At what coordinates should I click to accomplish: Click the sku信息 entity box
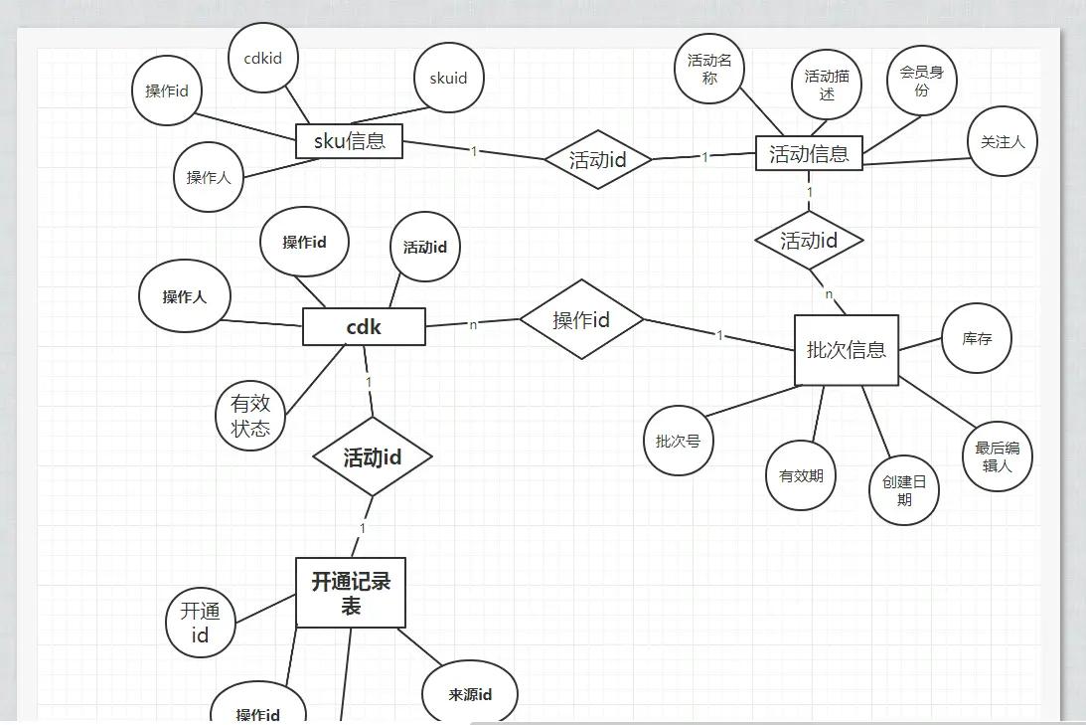pyautogui.click(x=349, y=140)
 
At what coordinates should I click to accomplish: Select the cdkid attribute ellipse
pyautogui.click(x=262, y=58)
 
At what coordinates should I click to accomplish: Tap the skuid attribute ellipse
pyautogui.click(x=448, y=78)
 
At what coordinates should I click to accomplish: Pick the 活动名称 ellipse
pyautogui.click(x=709, y=68)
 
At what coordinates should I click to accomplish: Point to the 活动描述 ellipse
pyautogui.click(x=827, y=85)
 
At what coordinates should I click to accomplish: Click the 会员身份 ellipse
pyautogui.click(x=921, y=81)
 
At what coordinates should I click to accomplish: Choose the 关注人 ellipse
pyautogui.click(x=1002, y=141)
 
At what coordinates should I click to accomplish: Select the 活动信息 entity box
pyautogui.click(x=809, y=153)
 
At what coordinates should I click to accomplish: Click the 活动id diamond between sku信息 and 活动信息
pyautogui.click(x=598, y=159)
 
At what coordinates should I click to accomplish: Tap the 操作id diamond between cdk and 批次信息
pyautogui.click(x=581, y=319)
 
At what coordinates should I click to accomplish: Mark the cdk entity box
pyautogui.click(x=364, y=326)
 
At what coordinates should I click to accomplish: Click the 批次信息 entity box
pyautogui.click(x=846, y=350)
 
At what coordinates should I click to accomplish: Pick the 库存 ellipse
pyautogui.click(x=977, y=338)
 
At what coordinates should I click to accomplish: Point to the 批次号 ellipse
pyautogui.click(x=679, y=440)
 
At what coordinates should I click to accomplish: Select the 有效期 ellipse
pyautogui.click(x=801, y=475)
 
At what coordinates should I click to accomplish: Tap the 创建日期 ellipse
pyautogui.click(x=903, y=489)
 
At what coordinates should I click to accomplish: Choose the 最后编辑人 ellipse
pyautogui.click(x=997, y=455)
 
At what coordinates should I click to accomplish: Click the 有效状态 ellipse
pyautogui.click(x=250, y=416)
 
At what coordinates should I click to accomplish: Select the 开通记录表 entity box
pyautogui.click(x=351, y=593)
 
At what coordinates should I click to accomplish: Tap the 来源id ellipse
pyautogui.click(x=470, y=694)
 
